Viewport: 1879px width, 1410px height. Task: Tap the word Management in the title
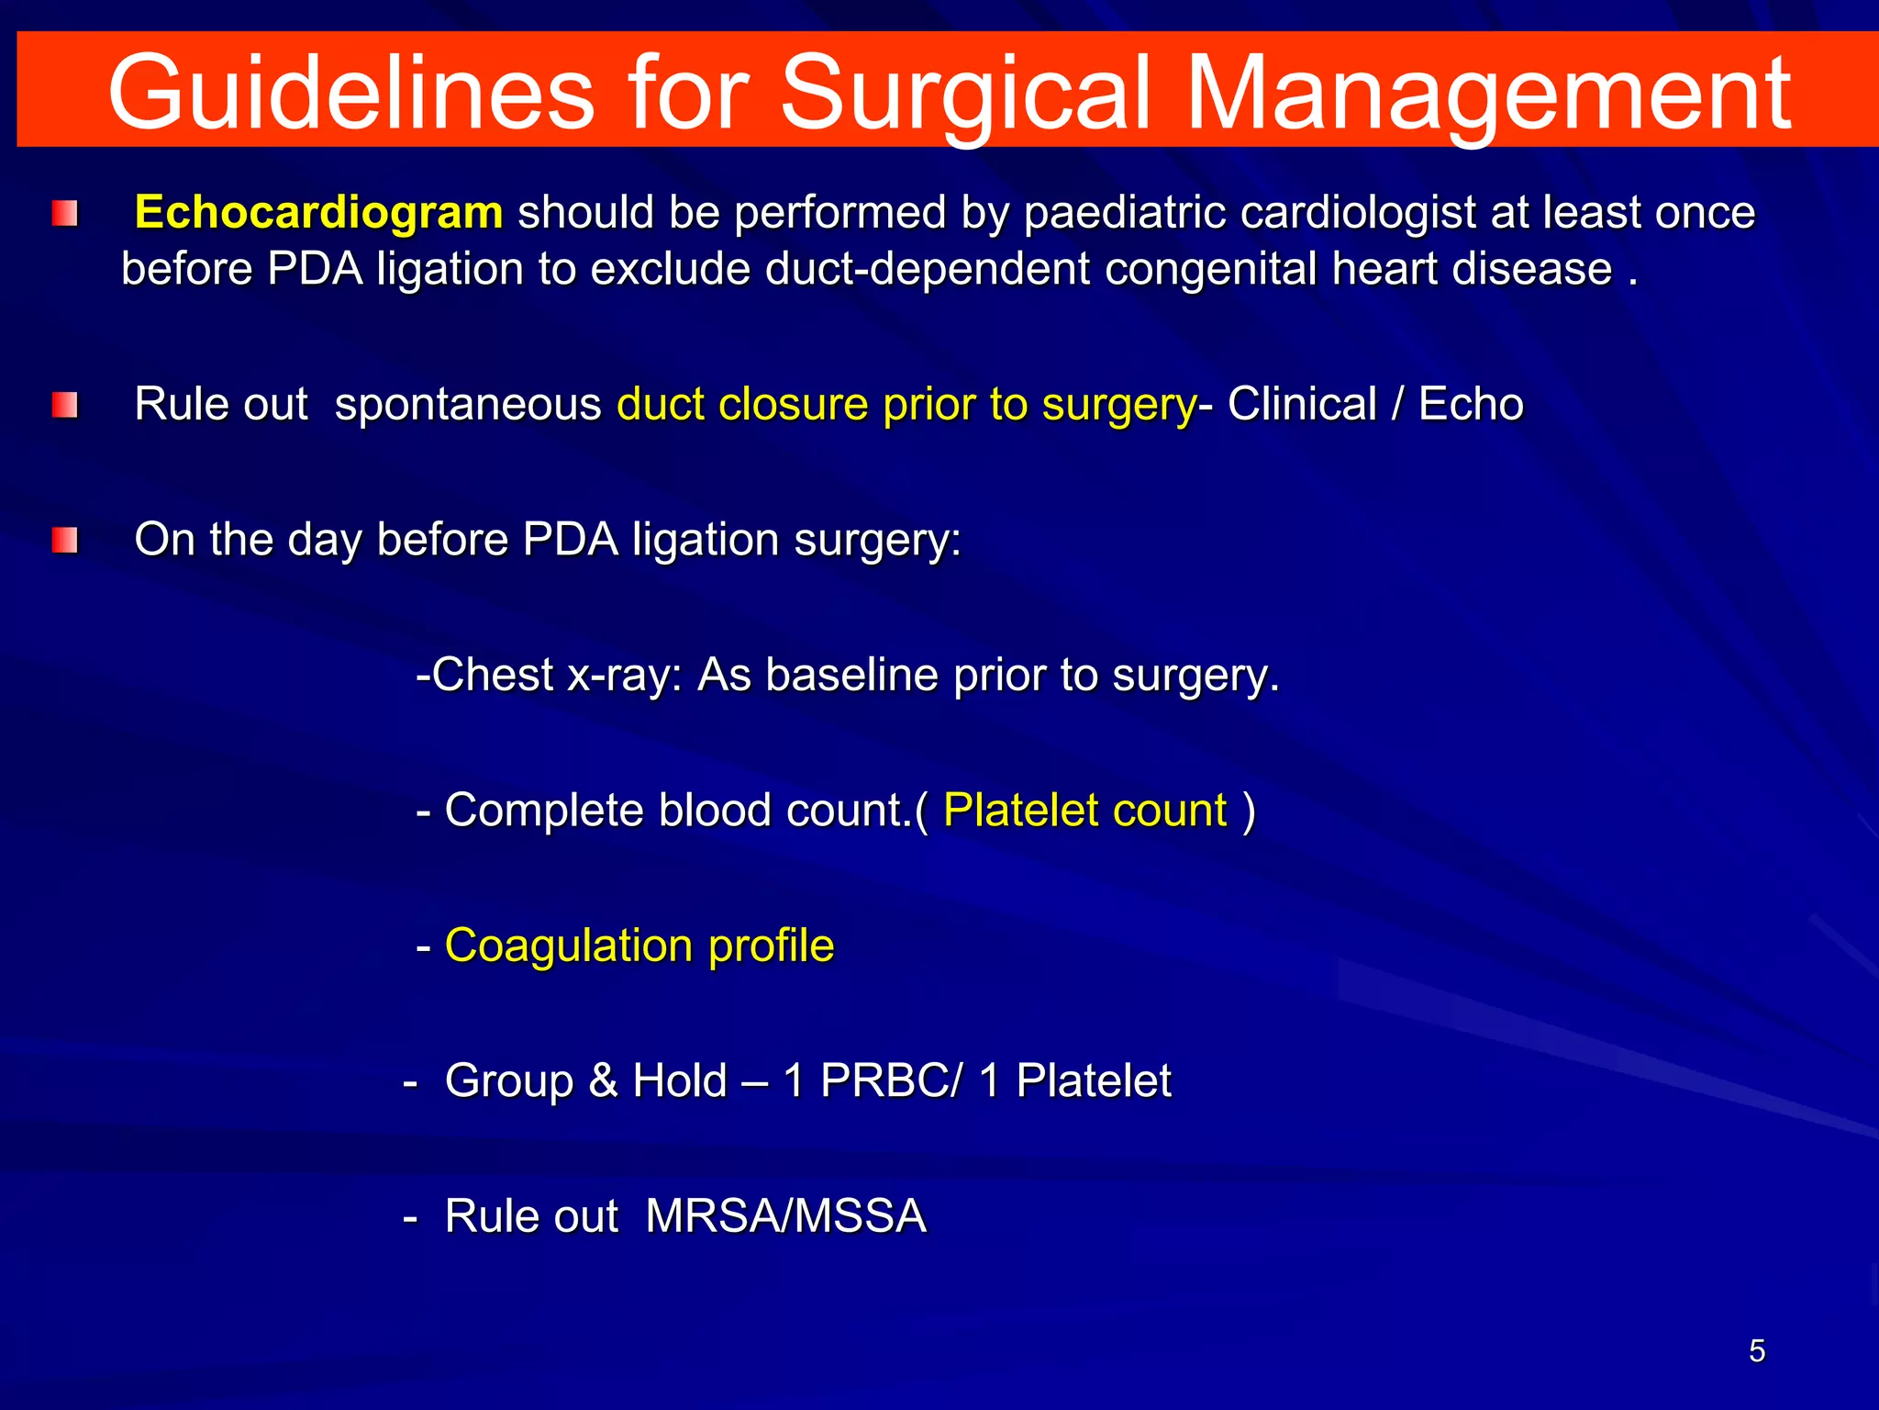(1487, 92)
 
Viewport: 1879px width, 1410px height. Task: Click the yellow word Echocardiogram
(318, 212)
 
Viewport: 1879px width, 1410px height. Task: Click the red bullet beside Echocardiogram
(65, 214)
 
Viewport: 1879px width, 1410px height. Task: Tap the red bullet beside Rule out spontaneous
(65, 405)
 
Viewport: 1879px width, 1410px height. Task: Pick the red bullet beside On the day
(65, 540)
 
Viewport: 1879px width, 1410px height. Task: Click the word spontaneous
(468, 405)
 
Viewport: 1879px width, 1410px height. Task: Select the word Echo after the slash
(1471, 404)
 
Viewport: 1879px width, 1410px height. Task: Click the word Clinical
(1302, 404)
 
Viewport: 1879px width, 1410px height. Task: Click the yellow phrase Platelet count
(1084, 810)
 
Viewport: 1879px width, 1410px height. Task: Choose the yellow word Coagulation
(569, 945)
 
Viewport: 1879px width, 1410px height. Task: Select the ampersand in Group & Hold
(603, 1080)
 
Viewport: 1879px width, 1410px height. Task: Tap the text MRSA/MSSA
(786, 1215)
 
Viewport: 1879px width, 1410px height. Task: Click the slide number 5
(1757, 1351)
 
